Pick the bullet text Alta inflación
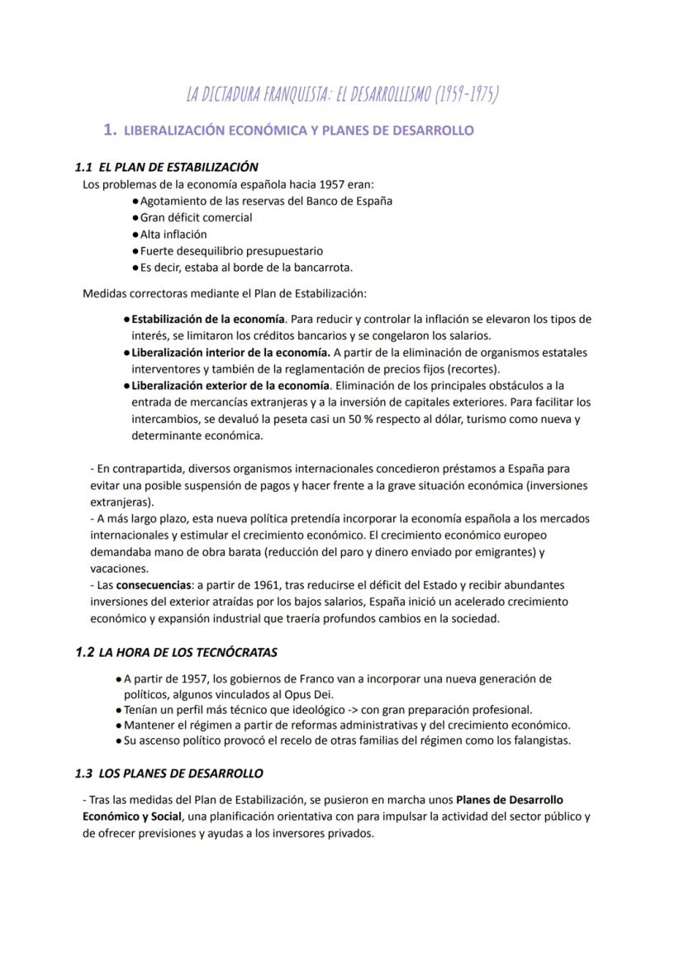tap(173, 234)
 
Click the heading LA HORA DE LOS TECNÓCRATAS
tap(188, 653)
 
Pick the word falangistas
tap(538, 740)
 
